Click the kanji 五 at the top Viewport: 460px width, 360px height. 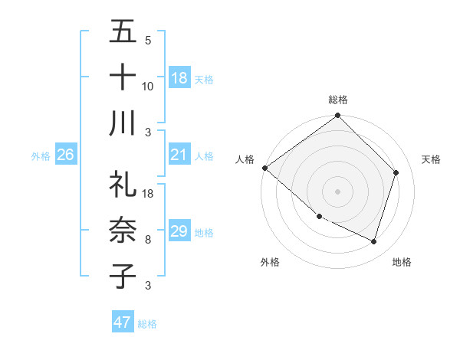tap(123, 33)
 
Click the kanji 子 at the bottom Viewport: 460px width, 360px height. tap(123, 275)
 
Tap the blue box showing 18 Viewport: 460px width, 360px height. tap(179, 78)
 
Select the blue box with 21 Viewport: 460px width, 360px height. tap(179, 155)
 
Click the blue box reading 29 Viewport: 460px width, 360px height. tap(179, 231)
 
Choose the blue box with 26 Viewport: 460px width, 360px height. tap(66, 155)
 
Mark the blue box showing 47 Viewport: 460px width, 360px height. tap(123, 322)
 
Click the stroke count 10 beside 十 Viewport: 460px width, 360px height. tap(147, 87)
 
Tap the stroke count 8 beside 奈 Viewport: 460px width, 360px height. tap(147, 240)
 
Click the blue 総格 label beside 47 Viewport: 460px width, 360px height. tap(147, 324)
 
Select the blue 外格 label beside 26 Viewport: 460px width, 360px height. tap(41, 156)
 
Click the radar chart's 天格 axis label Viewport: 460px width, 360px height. tap(431, 159)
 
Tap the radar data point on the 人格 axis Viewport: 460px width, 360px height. tap(264, 168)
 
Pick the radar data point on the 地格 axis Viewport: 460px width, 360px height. tap(374, 242)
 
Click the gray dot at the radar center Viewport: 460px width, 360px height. tap(337, 191)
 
